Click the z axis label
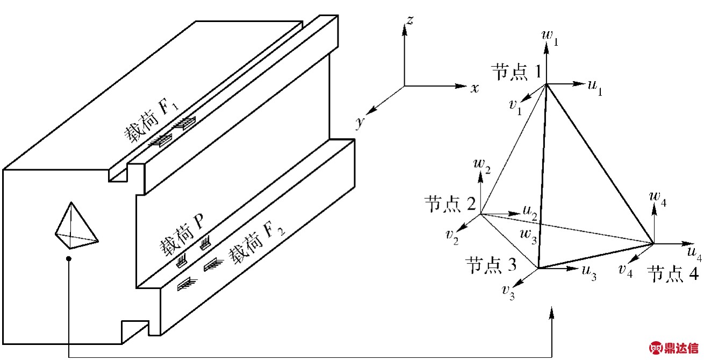[x=410, y=20]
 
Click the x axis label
[x=475, y=88]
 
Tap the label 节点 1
[x=516, y=71]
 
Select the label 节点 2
[x=450, y=204]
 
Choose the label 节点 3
[x=491, y=265]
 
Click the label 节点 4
[x=673, y=273]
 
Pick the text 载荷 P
[x=182, y=234]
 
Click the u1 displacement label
[x=595, y=87]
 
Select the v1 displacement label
[x=515, y=107]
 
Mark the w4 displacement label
[x=658, y=199]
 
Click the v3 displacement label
[x=508, y=293]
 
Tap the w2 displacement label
[x=482, y=166]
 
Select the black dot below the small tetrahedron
[x=68, y=258]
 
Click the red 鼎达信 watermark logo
[x=674, y=348]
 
